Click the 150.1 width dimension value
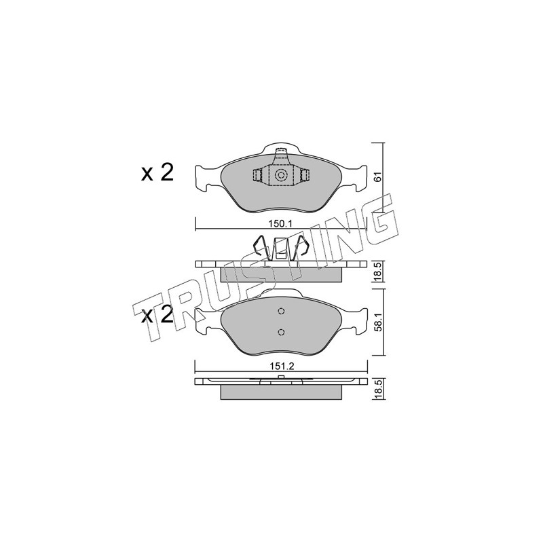[x=280, y=224]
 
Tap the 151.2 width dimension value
[x=281, y=367]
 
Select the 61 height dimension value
[x=378, y=177]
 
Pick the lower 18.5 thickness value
[x=378, y=388]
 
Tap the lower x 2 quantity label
[x=157, y=315]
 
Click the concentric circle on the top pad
[x=280, y=175]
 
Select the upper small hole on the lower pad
[x=281, y=312]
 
